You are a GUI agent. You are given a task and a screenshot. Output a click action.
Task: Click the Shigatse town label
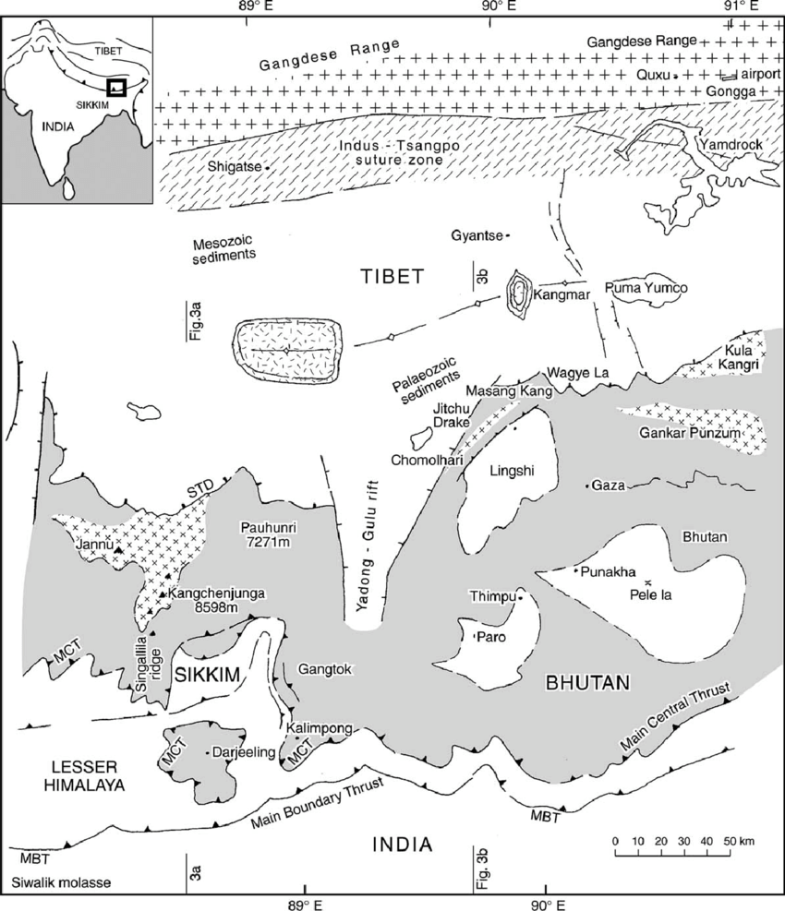[x=238, y=167]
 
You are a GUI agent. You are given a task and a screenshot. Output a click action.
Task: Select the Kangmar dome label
[x=558, y=296]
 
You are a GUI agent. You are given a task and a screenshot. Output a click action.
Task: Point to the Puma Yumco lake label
[x=646, y=288]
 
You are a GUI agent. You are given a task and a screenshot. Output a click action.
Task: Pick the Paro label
[x=488, y=637]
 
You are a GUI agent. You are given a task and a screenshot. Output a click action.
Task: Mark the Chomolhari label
[x=426, y=460]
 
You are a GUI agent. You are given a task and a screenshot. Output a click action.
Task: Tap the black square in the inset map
[x=116, y=88]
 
